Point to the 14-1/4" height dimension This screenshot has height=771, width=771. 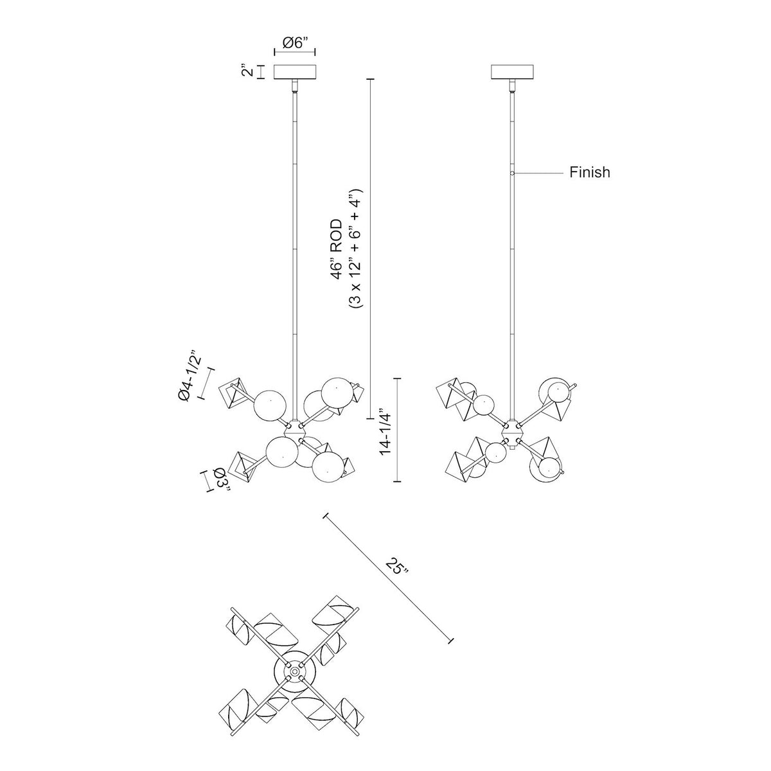click(384, 430)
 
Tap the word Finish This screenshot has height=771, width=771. click(590, 172)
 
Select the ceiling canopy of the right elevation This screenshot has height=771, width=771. click(512, 71)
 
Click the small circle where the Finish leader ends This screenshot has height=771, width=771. click(512, 173)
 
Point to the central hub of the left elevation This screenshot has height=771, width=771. click(296, 427)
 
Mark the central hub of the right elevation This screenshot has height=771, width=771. click(512, 427)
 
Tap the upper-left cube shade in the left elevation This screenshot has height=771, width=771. click(234, 394)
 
